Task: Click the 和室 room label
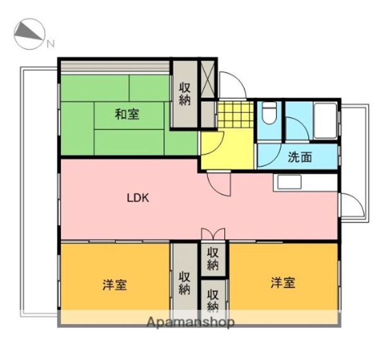(127, 113)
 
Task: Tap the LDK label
(139, 198)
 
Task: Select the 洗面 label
(299, 157)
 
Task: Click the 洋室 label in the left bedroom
(115, 285)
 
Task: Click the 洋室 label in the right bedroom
(283, 282)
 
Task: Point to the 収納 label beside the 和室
(184, 94)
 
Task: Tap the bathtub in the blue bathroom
(325, 121)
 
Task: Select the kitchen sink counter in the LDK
(288, 183)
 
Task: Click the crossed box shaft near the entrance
(207, 79)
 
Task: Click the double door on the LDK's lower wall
(213, 234)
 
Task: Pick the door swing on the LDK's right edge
(350, 206)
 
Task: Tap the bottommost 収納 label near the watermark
(213, 299)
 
